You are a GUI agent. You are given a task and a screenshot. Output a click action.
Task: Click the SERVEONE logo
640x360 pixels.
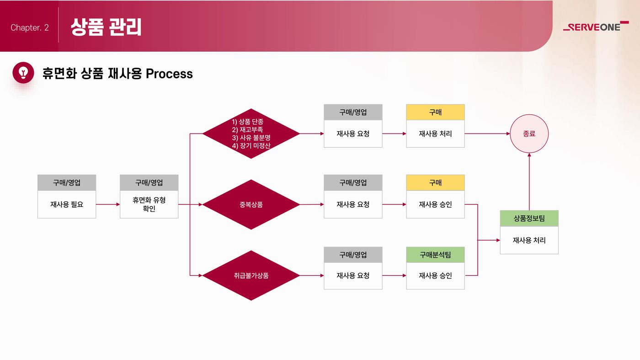(596, 27)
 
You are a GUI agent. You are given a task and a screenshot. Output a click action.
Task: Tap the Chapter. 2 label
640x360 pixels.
(30, 28)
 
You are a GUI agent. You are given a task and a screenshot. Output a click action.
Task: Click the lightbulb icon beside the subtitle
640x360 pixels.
(23, 73)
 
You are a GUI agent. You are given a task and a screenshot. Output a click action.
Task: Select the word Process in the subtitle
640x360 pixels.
(169, 74)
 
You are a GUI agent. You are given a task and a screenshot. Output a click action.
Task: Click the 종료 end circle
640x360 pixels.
(529, 134)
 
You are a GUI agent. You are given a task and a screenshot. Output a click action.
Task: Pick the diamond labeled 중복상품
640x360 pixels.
(251, 204)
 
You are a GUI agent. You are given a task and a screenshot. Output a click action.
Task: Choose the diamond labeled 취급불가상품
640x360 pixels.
(251, 275)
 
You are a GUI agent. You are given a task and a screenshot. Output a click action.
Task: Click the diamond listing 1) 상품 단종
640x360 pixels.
(251, 134)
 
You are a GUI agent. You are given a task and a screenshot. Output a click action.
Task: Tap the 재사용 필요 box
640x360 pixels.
(67, 204)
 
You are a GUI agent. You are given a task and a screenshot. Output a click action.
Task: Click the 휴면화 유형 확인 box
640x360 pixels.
(149, 204)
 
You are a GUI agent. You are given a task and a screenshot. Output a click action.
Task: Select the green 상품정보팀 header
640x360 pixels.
(529, 219)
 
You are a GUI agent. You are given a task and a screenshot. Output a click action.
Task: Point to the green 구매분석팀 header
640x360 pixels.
(435, 255)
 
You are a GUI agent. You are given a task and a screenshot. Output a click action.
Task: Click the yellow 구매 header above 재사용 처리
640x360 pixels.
(435, 113)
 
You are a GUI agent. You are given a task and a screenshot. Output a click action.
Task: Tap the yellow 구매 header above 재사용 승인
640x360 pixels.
(435, 183)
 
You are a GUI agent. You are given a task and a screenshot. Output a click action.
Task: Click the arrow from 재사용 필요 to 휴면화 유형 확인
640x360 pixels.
(108, 204)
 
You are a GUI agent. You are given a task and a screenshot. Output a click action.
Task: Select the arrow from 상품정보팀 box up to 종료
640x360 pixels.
(529, 182)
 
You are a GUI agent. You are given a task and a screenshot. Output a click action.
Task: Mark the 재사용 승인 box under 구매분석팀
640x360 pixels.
(435, 276)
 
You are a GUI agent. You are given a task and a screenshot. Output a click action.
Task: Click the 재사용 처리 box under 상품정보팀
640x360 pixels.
(529, 240)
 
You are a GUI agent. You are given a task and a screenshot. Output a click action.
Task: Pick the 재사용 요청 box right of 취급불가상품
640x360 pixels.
(353, 276)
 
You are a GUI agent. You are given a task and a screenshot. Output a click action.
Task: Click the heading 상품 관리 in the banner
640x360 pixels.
(106, 27)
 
